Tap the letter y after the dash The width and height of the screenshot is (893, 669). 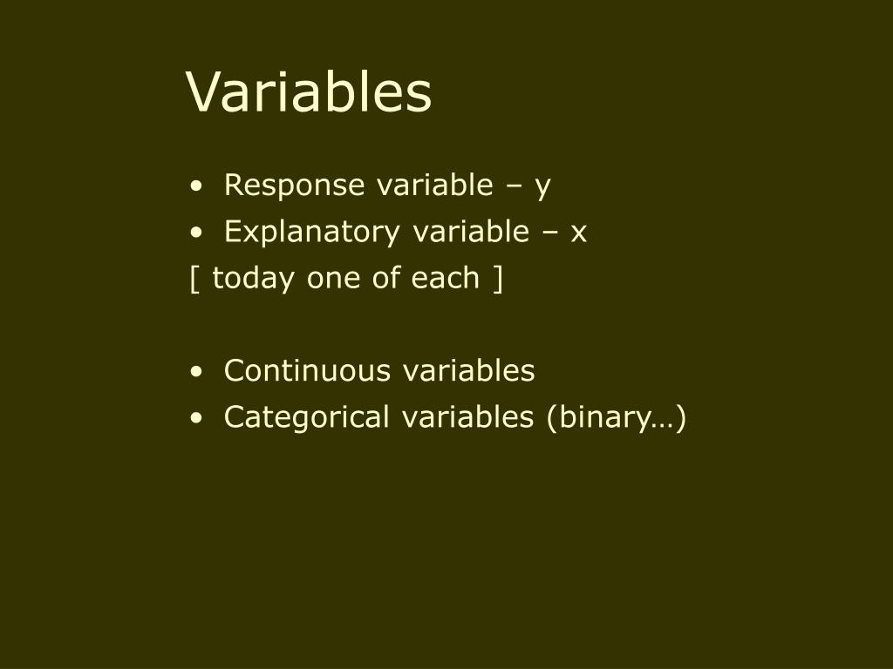coord(542,188)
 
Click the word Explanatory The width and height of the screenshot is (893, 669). coord(312,232)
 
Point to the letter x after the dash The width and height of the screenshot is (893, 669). coord(579,233)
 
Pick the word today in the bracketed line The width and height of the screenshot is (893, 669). coord(254,279)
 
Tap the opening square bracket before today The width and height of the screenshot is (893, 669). coord(194,280)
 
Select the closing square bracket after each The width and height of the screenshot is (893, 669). coord(498,280)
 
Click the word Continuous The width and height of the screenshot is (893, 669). coord(308,371)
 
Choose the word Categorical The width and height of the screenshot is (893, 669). coord(307,417)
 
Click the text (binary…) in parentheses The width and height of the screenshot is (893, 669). coord(617,418)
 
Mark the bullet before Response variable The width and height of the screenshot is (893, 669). coord(196,186)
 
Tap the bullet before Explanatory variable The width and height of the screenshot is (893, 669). coord(196,233)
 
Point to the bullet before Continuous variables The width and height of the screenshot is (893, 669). coord(196,371)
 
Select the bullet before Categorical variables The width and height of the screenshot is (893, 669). coord(196,418)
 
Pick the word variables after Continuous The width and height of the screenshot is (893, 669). coord(468,371)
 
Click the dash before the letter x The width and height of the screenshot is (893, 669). coord(550,233)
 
